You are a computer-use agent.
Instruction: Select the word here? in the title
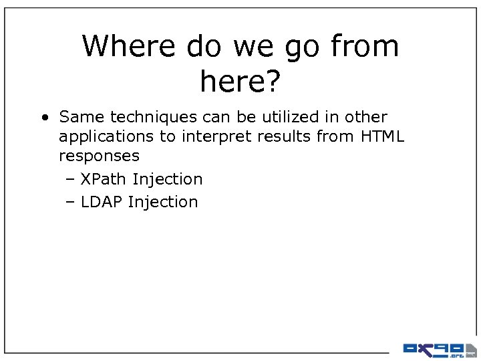tap(240, 82)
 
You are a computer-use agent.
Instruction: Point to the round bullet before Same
tap(43, 118)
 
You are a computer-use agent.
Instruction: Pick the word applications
tap(101, 138)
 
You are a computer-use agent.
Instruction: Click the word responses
tap(99, 157)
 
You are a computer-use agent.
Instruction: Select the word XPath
tap(104, 179)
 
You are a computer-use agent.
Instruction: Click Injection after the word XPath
tap(168, 179)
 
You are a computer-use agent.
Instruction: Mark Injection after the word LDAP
tap(163, 202)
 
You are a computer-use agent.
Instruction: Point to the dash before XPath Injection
tap(71, 179)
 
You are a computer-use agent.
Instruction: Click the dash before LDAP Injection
tap(71, 202)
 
